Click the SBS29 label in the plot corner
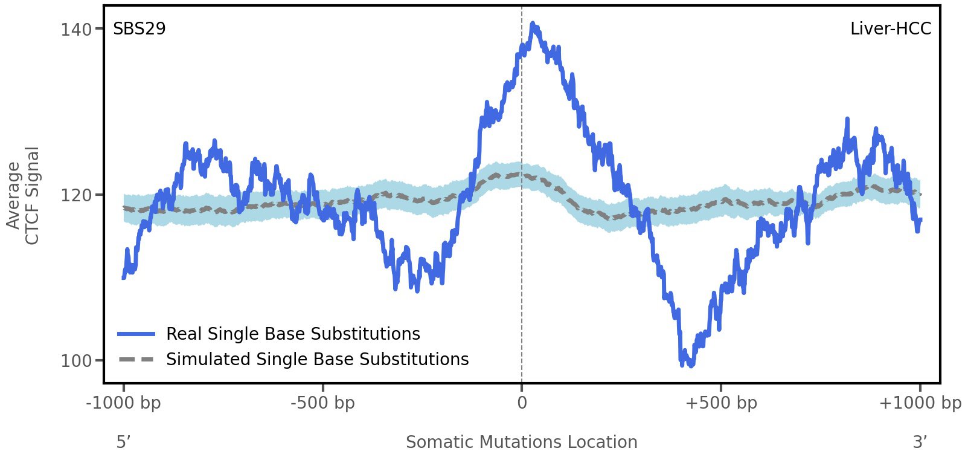pos(139,29)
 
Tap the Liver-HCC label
pos(891,29)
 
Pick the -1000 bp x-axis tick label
pos(124,403)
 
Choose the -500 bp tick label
pos(323,403)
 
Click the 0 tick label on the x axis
pos(522,403)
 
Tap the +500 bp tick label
pos(721,403)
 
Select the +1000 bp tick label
pos(920,403)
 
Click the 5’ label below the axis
pos(124,442)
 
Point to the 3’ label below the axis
pos(920,442)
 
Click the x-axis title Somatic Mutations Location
pos(522,442)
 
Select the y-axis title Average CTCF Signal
pos(23,195)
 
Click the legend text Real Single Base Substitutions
pos(293,334)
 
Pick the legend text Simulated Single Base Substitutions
pos(317,359)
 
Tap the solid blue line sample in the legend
pos(137,334)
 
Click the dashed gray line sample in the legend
pos(137,359)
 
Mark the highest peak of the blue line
pos(533,24)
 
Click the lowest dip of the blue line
pos(691,365)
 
